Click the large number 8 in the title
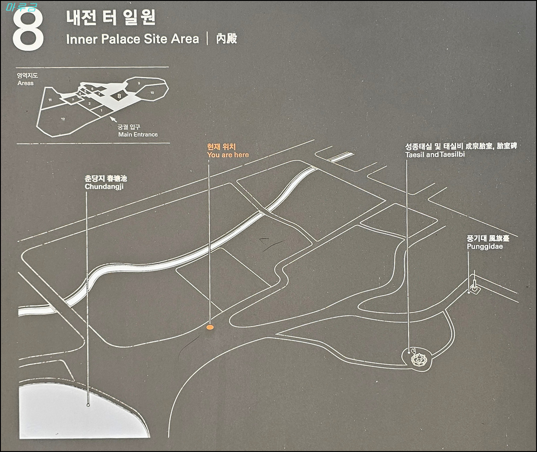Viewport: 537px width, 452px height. click(28, 28)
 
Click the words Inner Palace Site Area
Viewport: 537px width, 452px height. click(132, 39)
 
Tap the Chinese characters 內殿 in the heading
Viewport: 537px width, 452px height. click(226, 39)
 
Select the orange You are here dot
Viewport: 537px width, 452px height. click(210, 328)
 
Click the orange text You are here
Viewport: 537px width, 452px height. click(228, 155)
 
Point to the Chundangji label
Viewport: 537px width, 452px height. click(103, 186)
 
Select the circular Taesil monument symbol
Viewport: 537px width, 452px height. click(418, 359)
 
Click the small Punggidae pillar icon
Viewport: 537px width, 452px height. click(473, 286)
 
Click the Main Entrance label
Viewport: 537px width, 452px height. click(138, 134)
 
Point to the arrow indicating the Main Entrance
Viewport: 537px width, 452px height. click(113, 119)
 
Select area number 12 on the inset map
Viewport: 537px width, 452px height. click(64, 119)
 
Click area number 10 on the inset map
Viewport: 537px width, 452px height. click(152, 93)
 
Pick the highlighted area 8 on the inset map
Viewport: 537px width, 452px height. click(119, 95)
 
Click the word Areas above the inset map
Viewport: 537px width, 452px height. click(26, 83)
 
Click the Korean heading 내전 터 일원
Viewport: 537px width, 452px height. click(111, 18)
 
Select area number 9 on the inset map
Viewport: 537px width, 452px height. click(139, 83)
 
